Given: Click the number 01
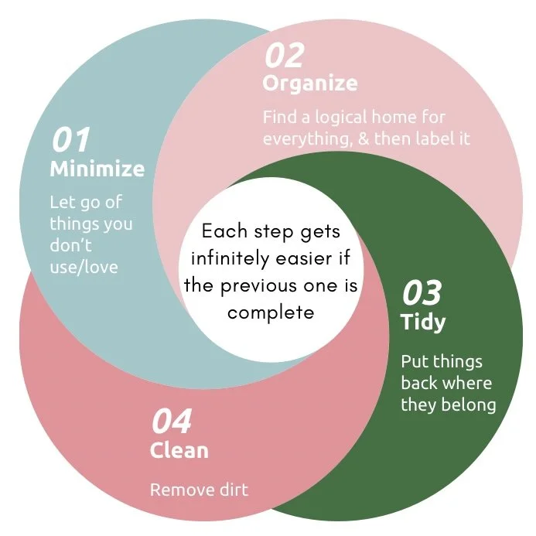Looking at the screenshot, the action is point(70,140).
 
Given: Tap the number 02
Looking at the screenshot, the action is point(284,55).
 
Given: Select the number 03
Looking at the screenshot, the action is point(422,294).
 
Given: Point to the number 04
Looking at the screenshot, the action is point(171,422).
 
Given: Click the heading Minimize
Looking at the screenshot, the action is point(97,168).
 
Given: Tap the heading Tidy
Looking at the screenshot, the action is point(422,322).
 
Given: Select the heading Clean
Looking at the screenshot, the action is point(179,450).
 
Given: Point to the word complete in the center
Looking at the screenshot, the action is point(271,312).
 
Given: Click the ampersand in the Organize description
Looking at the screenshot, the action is point(382,139).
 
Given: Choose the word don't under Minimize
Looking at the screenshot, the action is point(70,246).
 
